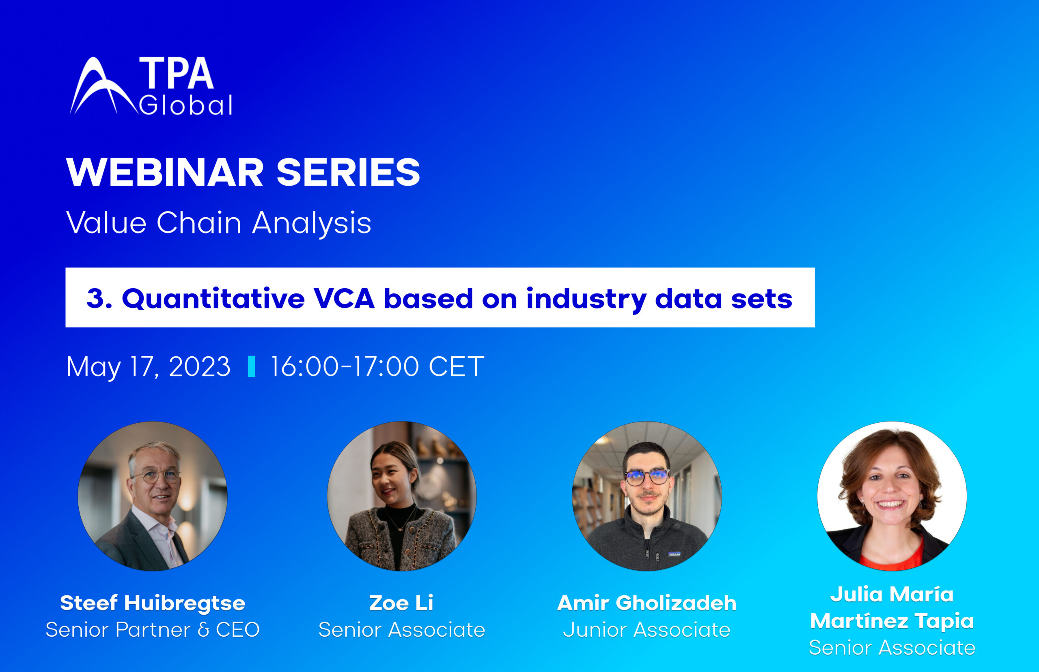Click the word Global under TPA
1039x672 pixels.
click(185, 105)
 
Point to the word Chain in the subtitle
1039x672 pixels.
click(198, 223)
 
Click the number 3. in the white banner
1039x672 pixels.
click(99, 299)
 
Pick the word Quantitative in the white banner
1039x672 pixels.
click(213, 300)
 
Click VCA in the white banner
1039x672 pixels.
click(344, 299)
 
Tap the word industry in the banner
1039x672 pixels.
click(586, 300)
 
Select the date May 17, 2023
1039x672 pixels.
click(148, 366)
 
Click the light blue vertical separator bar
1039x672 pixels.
click(252, 366)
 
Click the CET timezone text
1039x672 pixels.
click(456, 366)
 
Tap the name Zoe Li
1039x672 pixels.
click(401, 603)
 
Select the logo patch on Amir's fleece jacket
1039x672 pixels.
click(675, 554)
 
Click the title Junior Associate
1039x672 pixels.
click(647, 630)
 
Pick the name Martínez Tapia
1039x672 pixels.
click(892, 621)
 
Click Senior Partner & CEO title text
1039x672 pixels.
click(152, 630)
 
